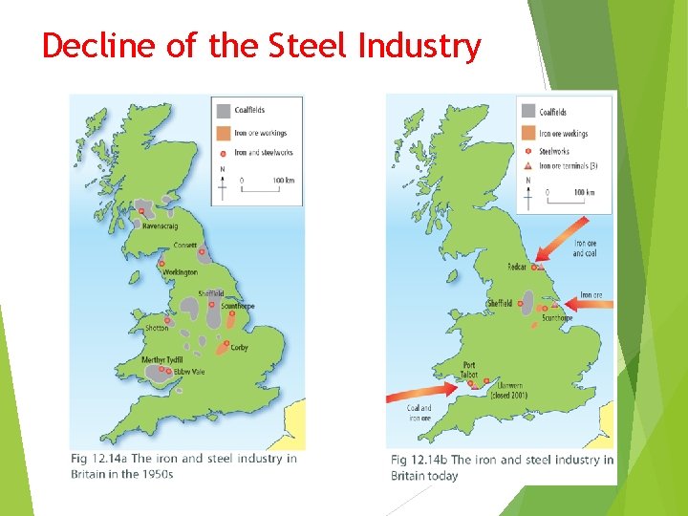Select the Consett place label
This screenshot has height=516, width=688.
click(x=185, y=246)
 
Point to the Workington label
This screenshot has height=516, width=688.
click(x=180, y=272)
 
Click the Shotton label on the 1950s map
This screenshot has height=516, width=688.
click(x=157, y=328)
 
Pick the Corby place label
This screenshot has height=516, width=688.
click(x=239, y=348)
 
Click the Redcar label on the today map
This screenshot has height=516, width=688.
click(x=517, y=268)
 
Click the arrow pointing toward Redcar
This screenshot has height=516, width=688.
click(x=562, y=240)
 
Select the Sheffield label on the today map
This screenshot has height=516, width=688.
click(x=499, y=304)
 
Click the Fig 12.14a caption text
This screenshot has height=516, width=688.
click(x=183, y=466)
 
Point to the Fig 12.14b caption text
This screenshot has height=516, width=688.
click(x=502, y=467)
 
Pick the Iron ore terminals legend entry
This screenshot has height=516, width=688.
click(x=568, y=166)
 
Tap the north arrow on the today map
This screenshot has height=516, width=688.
click(x=530, y=195)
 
